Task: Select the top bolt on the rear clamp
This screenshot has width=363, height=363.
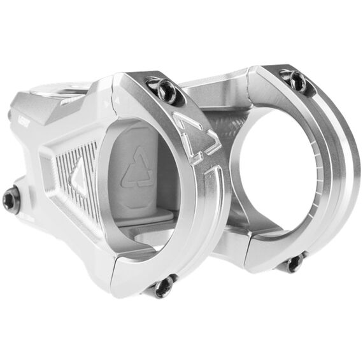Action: (x=295, y=79)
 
